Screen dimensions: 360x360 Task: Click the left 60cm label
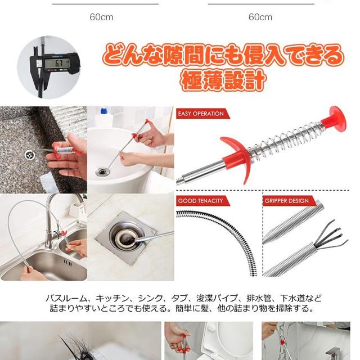point(101,17)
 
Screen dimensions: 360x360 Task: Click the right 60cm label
point(260,17)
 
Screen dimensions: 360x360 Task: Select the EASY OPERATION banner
point(201,114)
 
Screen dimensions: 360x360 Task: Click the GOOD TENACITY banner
point(201,201)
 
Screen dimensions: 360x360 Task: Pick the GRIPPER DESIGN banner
point(287,201)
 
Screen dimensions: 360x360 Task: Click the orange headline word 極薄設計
point(223,80)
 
